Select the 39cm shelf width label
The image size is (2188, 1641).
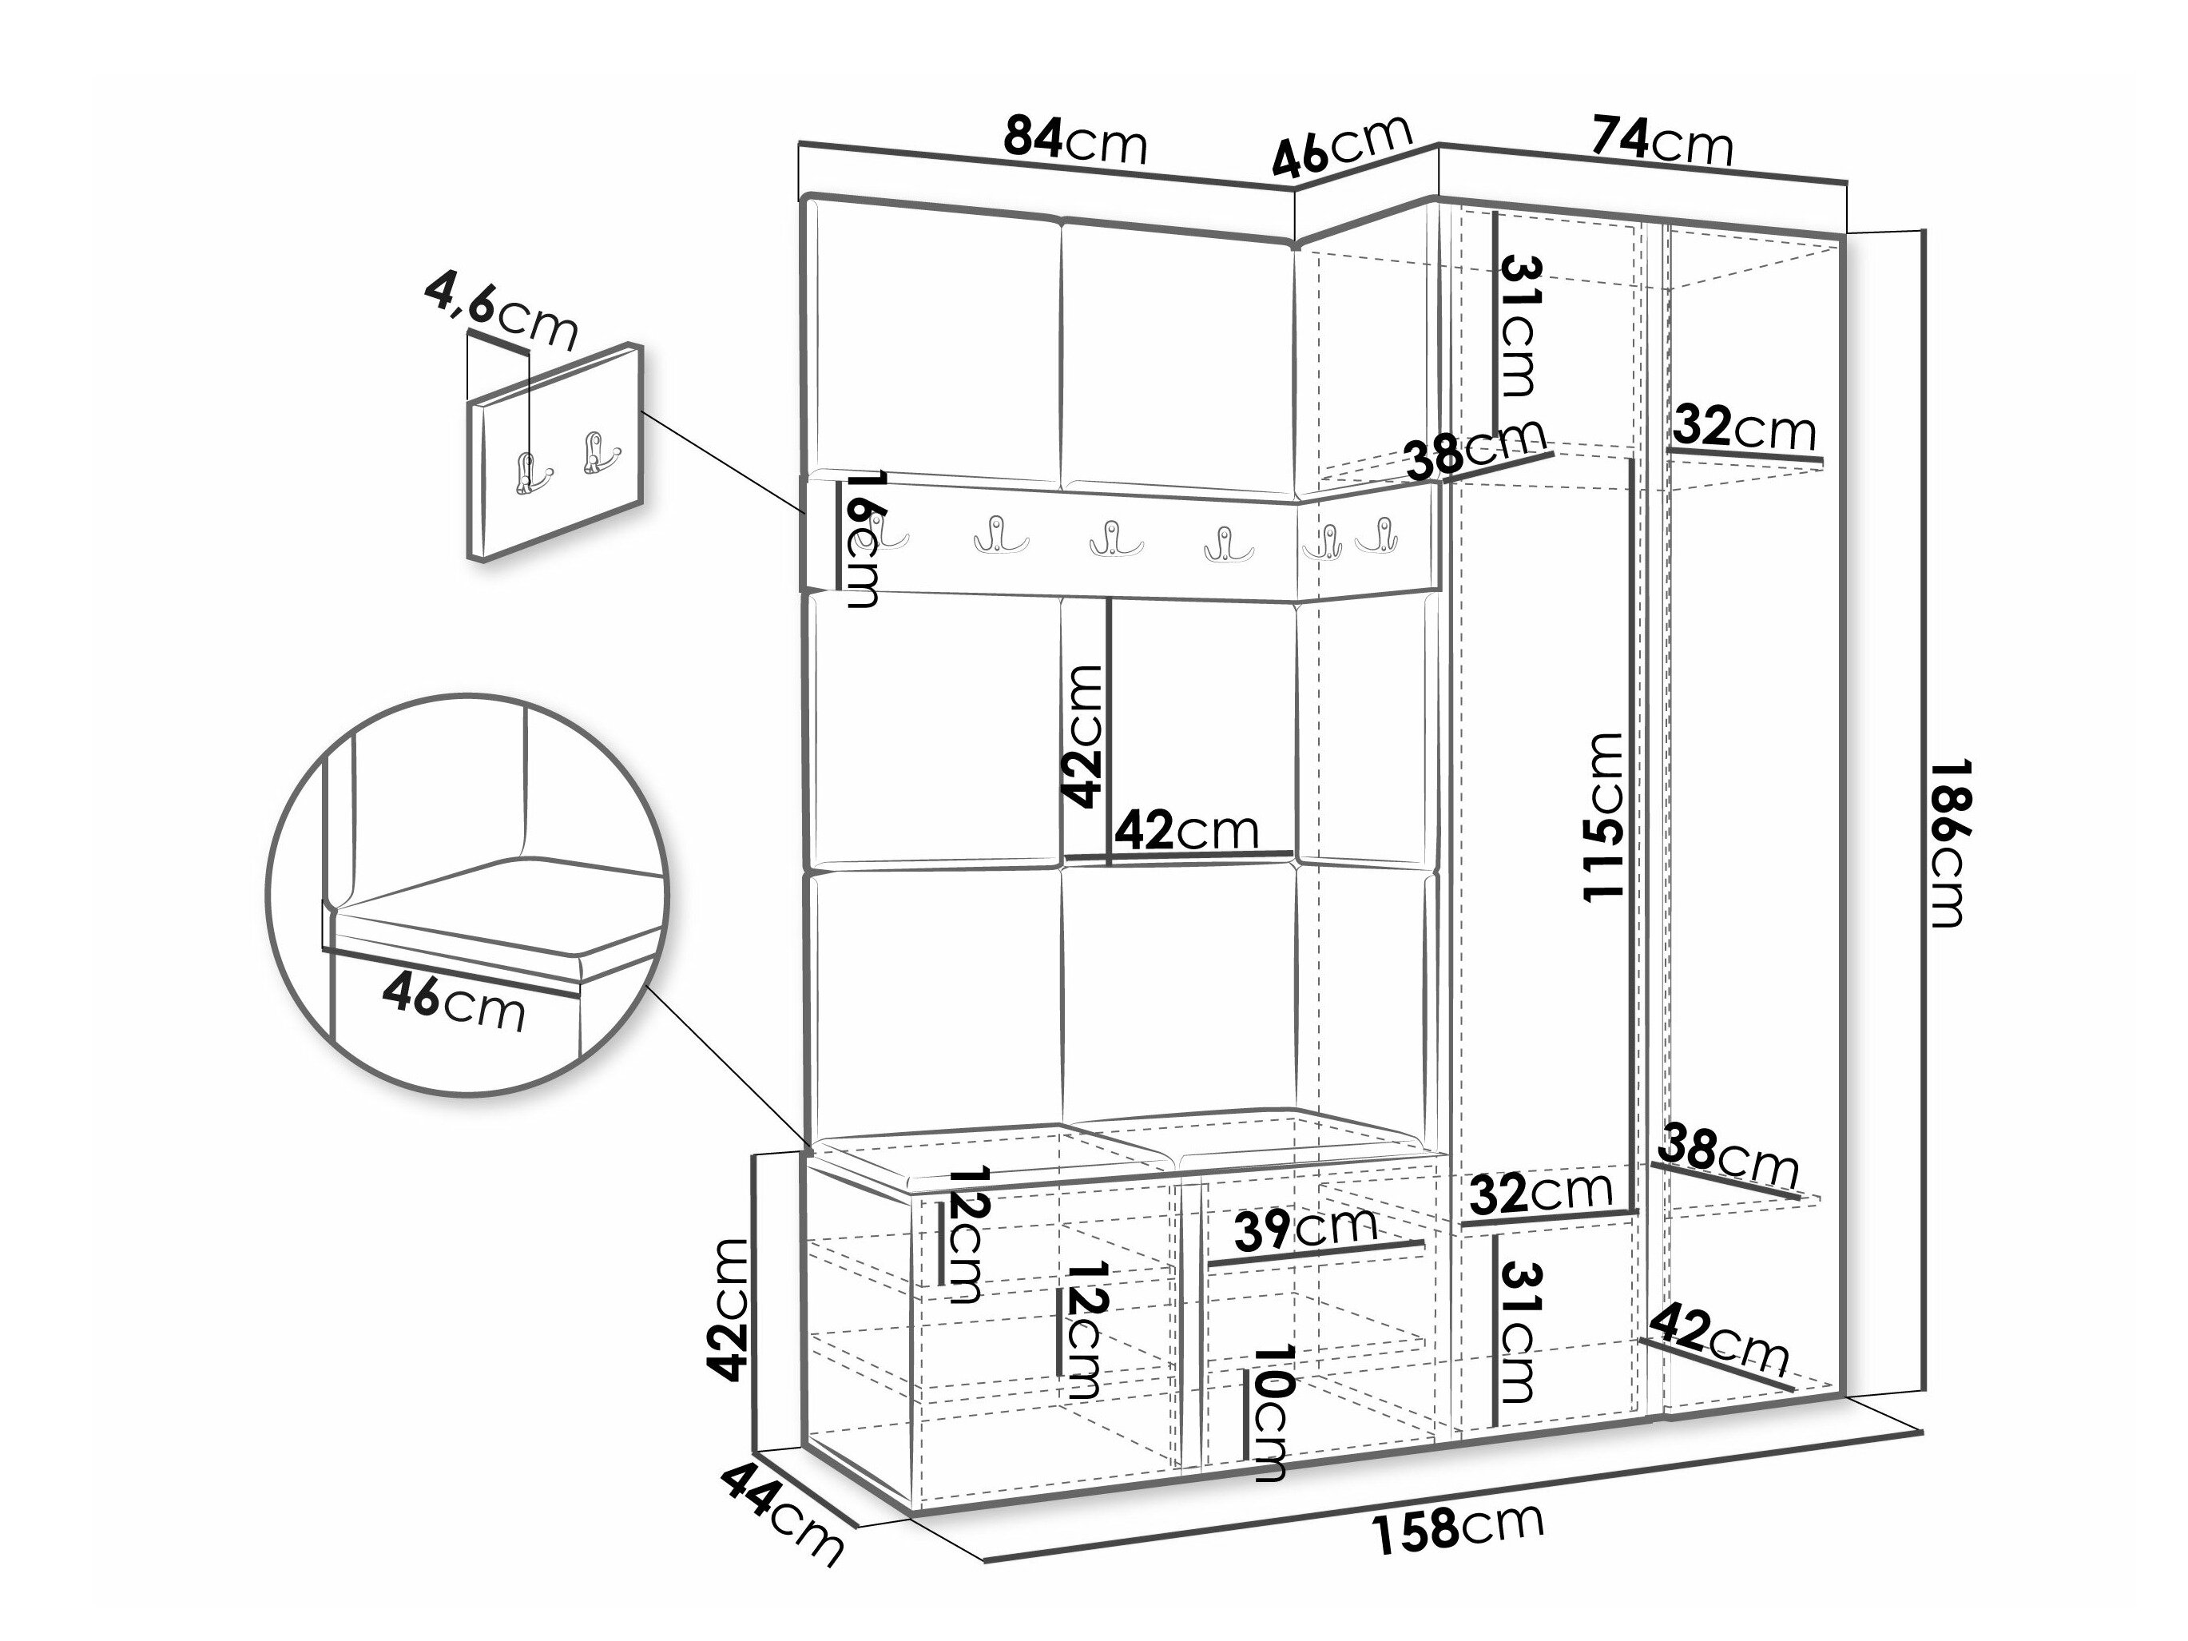point(1304,1230)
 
